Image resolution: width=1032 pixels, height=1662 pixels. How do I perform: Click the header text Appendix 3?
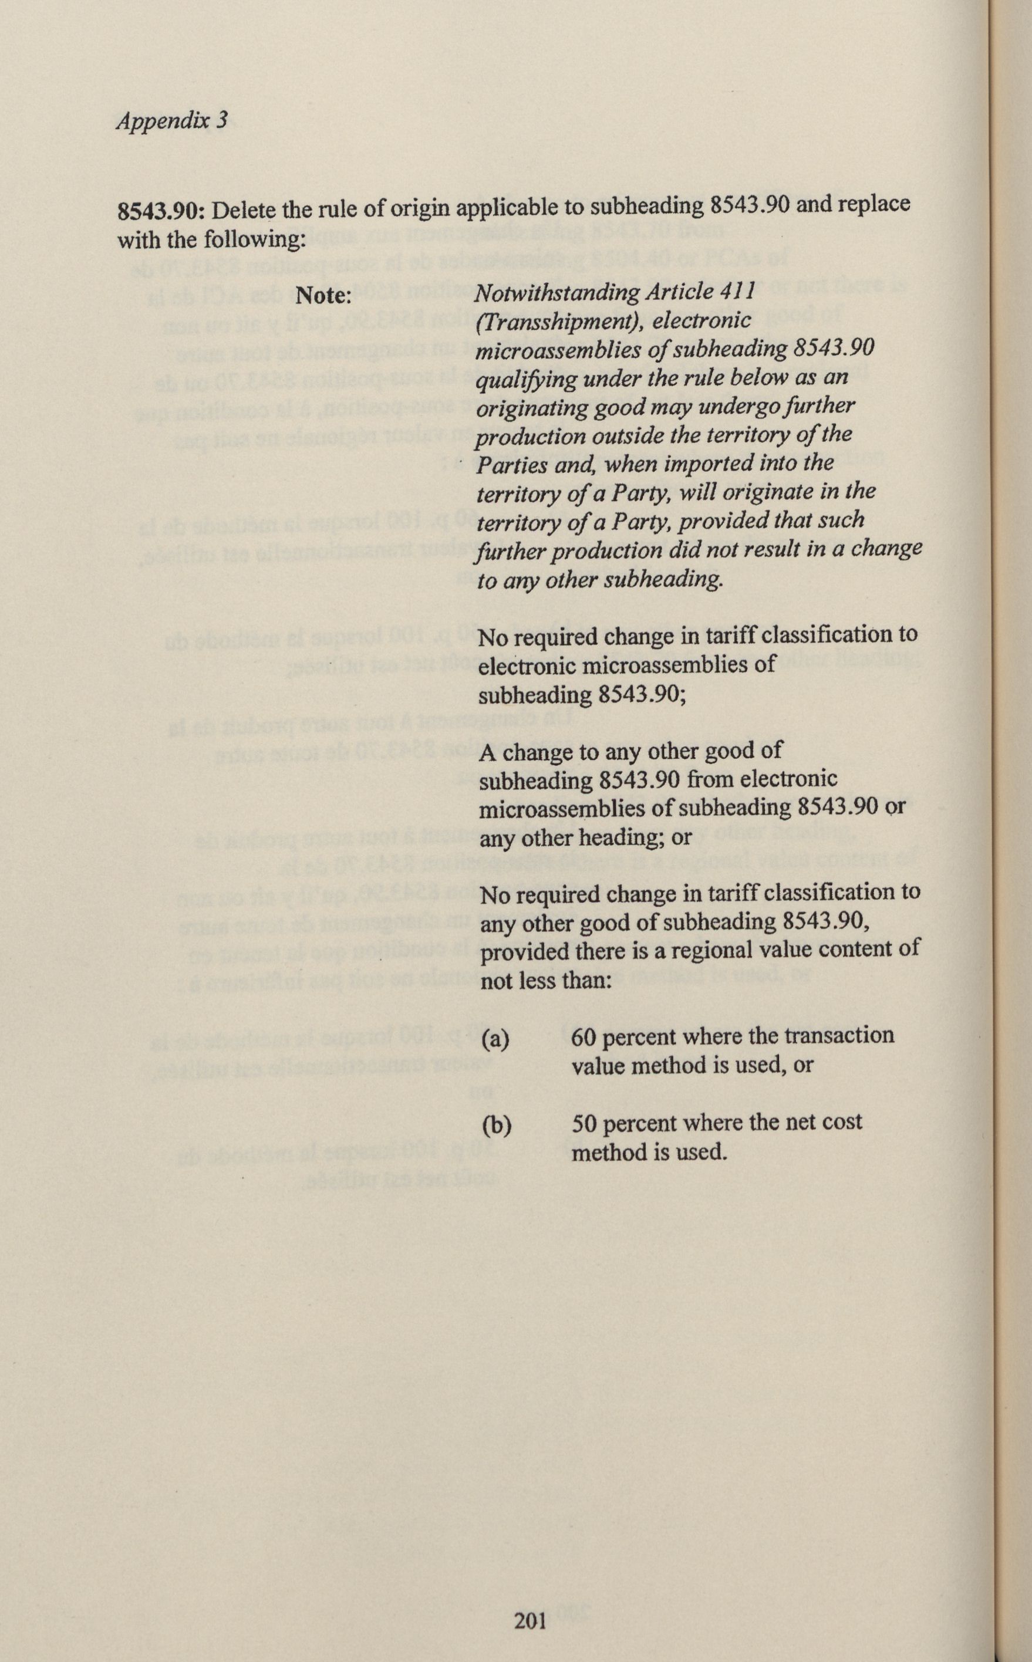(x=171, y=121)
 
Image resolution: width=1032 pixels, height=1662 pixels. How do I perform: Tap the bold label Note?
(x=322, y=295)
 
